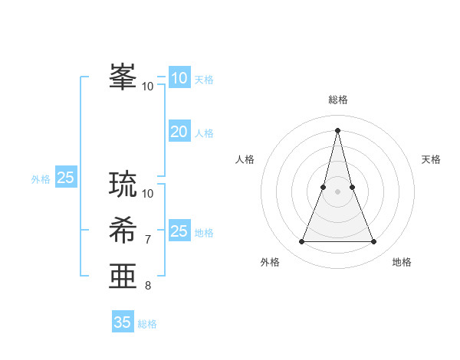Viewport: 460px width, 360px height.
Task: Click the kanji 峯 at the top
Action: [123, 77]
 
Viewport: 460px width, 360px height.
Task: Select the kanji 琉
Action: [123, 184]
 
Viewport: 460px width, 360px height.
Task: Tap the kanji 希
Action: [123, 230]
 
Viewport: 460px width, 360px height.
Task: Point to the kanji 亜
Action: [123, 276]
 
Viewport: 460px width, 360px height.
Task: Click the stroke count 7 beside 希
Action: [148, 240]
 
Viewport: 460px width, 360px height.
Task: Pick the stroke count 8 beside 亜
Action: [148, 286]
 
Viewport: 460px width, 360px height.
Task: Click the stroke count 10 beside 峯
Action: [148, 87]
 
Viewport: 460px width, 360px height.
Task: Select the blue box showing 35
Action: [123, 322]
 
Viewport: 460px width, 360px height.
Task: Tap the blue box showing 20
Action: [179, 132]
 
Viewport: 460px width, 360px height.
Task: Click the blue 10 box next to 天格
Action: [179, 77]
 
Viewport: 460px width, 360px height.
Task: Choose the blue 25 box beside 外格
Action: [66, 178]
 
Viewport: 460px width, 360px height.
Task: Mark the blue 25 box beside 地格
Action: [179, 231]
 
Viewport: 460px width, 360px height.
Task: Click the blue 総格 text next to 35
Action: [147, 324]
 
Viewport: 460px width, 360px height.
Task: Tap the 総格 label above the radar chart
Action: [338, 100]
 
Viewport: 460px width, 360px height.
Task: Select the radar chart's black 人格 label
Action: [245, 159]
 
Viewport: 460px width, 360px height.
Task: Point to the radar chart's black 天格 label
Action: [432, 159]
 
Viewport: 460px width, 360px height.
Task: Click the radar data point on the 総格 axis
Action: [338, 130]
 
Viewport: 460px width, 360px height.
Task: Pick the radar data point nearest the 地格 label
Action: [374, 242]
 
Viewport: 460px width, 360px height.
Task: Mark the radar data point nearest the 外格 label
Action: [301, 242]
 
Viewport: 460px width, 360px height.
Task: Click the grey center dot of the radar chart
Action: [338, 191]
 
